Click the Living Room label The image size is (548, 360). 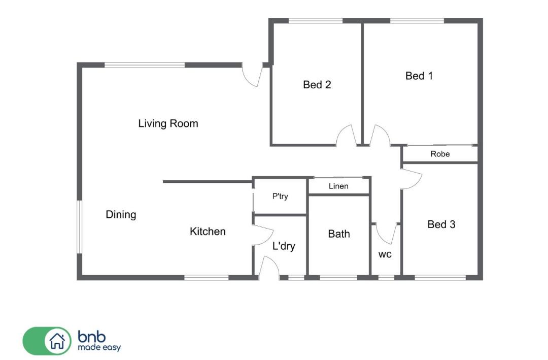[x=168, y=123]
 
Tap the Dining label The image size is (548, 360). [x=121, y=214]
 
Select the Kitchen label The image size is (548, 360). [x=208, y=231]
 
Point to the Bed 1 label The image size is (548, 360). [x=419, y=76]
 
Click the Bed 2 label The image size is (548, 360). [x=317, y=85]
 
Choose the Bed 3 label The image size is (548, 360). [x=441, y=224]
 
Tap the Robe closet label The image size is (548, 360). [x=440, y=154]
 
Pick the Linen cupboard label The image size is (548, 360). [x=338, y=186]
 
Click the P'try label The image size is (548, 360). [x=280, y=197]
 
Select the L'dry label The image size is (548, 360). [x=284, y=246]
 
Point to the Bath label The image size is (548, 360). [x=339, y=234]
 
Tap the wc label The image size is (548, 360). [x=385, y=254]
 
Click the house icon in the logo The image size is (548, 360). [x=57, y=341]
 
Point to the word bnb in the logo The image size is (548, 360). [x=91, y=337]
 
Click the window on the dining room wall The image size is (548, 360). [x=79, y=226]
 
